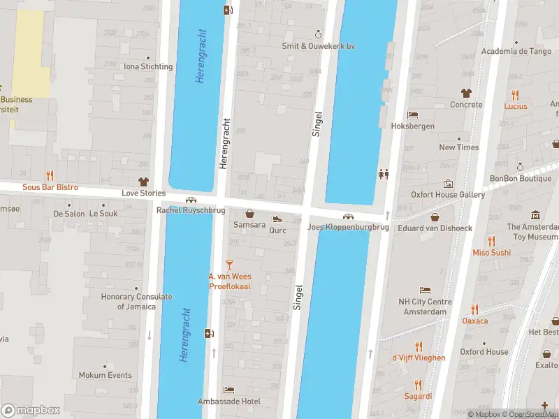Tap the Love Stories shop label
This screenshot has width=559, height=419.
pos(144,193)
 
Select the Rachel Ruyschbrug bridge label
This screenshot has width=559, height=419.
pos(191,210)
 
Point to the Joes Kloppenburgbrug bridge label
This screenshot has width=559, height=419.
pos(348,228)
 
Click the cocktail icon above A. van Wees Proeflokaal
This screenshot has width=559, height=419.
pos(229,264)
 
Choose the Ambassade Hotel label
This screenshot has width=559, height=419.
pos(229,402)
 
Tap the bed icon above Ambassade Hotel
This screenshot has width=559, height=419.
pos(229,389)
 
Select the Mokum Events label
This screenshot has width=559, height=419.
pos(106,375)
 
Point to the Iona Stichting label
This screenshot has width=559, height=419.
pos(147,67)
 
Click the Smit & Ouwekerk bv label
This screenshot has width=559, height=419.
pos(318,46)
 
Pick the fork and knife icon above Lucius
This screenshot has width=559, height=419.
pos(516,94)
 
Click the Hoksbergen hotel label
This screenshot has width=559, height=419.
pos(412,126)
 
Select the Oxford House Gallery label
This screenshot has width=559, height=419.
pos(447,195)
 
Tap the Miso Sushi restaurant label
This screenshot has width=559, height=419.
pos(491,253)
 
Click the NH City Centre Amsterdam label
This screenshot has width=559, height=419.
pos(425,307)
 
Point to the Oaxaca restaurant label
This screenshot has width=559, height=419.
pos(474,321)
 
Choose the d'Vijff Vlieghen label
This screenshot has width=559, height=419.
pos(419,358)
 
